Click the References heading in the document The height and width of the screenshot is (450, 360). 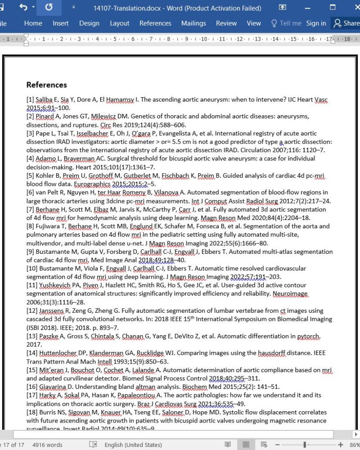(x=46, y=85)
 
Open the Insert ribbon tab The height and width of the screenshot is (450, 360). (x=61, y=23)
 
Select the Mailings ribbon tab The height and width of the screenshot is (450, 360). (x=193, y=23)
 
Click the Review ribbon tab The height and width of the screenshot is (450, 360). (x=226, y=23)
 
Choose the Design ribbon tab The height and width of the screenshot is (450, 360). (x=89, y=23)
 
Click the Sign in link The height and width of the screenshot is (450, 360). (x=316, y=23)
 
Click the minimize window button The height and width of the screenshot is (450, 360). (x=307, y=8)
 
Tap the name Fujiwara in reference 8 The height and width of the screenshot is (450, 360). (x=50, y=226)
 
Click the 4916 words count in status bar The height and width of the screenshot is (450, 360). (x=47, y=445)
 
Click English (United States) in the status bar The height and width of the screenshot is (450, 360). (x=133, y=445)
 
